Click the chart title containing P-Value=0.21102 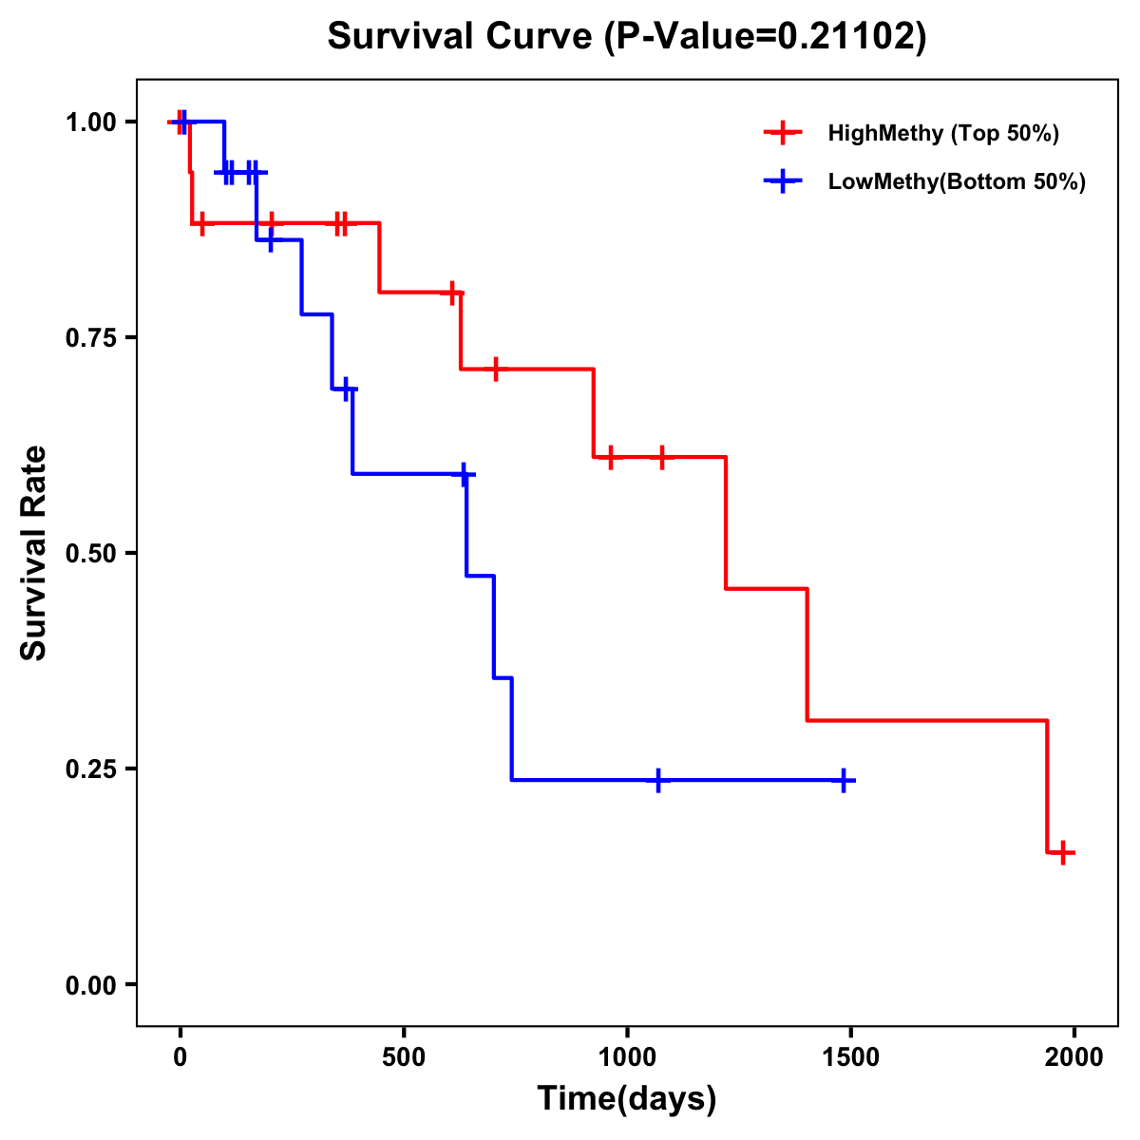[627, 37]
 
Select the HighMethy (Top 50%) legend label [943, 133]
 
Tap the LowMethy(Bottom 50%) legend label [957, 181]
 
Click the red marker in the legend [783, 133]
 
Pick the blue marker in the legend [783, 181]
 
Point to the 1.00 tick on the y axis [90, 123]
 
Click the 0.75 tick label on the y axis [90, 338]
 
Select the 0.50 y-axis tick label [90, 554]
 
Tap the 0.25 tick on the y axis [90, 769]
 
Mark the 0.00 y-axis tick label [90, 985]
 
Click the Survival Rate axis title [34, 553]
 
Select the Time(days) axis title [627, 1099]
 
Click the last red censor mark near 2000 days [1063, 852]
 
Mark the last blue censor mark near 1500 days [843, 780]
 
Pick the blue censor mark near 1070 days [657, 780]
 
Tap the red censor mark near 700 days [495, 369]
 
